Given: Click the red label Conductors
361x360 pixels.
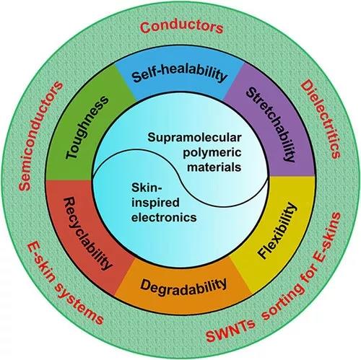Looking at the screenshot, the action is (181, 27).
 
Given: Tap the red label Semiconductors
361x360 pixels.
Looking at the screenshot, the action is (40, 136).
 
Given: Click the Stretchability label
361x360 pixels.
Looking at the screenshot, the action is (271, 124).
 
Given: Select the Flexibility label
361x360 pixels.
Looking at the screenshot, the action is (277, 231).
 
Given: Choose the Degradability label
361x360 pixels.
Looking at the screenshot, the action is (183, 286).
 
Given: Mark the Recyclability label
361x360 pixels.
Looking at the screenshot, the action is (87, 233).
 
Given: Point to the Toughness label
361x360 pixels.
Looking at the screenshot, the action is (87, 127).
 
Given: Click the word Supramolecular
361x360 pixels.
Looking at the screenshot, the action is (194, 138).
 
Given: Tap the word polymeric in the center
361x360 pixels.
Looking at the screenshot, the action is (212, 153).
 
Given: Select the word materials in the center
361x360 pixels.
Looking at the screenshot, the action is (214, 167).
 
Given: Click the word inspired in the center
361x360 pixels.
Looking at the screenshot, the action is (155, 203).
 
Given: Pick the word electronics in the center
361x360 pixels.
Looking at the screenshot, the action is (164, 217).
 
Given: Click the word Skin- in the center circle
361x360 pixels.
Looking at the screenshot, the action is (147, 188).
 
